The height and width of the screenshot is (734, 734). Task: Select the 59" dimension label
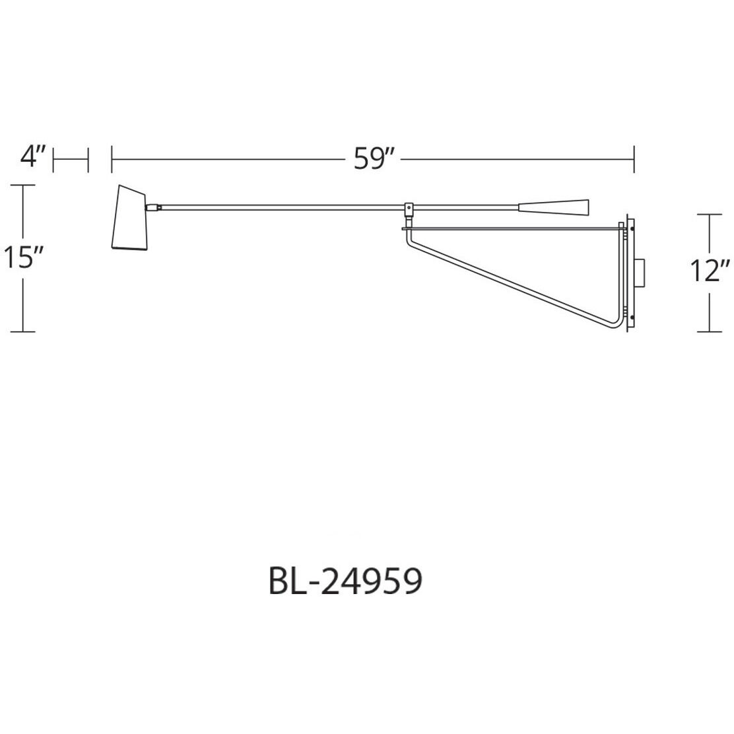(373, 159)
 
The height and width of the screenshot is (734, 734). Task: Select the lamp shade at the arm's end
(131, 218)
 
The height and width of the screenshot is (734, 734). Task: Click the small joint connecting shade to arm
(156, 207)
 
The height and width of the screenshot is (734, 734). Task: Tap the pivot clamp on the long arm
(409, 209)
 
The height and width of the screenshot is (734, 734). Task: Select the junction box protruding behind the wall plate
(641, 275)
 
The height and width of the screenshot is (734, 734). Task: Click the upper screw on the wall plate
(632, 229)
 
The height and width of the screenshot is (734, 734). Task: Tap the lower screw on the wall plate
(632, 321)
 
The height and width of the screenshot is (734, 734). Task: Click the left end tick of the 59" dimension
(112, 159)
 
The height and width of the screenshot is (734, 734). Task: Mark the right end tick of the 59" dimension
(634, 159)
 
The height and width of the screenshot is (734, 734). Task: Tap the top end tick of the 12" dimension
(710, 215)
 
